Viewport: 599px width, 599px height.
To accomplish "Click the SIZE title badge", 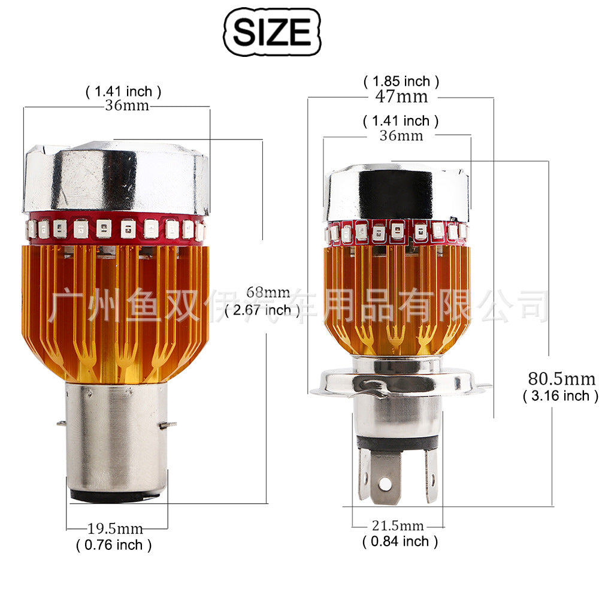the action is (x=272, y=32).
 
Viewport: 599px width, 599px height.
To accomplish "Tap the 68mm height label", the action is (x=268, y=293).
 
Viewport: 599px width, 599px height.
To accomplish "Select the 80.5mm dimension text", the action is (x=562, y=379).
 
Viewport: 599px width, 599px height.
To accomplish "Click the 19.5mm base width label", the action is (x=116, y=529).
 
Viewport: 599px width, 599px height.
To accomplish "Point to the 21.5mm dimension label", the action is (x=398, y=526).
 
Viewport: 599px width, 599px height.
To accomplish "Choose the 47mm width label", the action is (x=401, y=96).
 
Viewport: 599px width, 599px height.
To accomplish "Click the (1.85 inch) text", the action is (x=401, y=81).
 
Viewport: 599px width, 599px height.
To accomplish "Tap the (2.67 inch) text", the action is (x=262, y=310).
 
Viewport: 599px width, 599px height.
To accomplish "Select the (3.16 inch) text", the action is (x=561, y=396).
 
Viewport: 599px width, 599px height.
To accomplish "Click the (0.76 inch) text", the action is (x=114, y=544).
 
